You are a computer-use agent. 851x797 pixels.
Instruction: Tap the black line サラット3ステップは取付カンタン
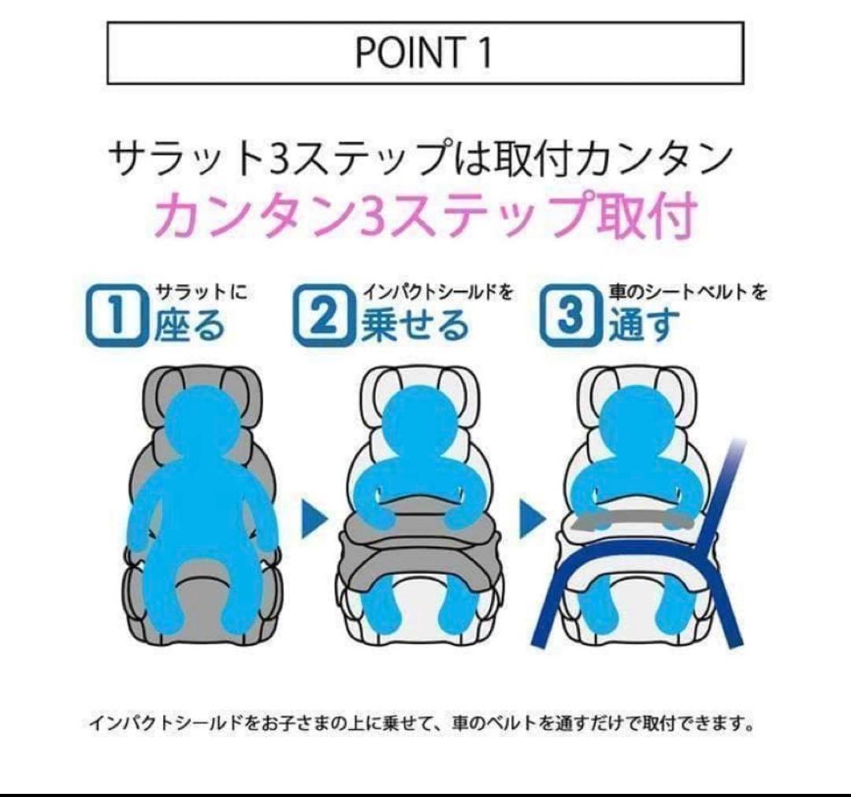point(425,161)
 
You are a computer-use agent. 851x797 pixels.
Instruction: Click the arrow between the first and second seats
point(314,521)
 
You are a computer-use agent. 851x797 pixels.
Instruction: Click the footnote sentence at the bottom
point(421,723)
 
